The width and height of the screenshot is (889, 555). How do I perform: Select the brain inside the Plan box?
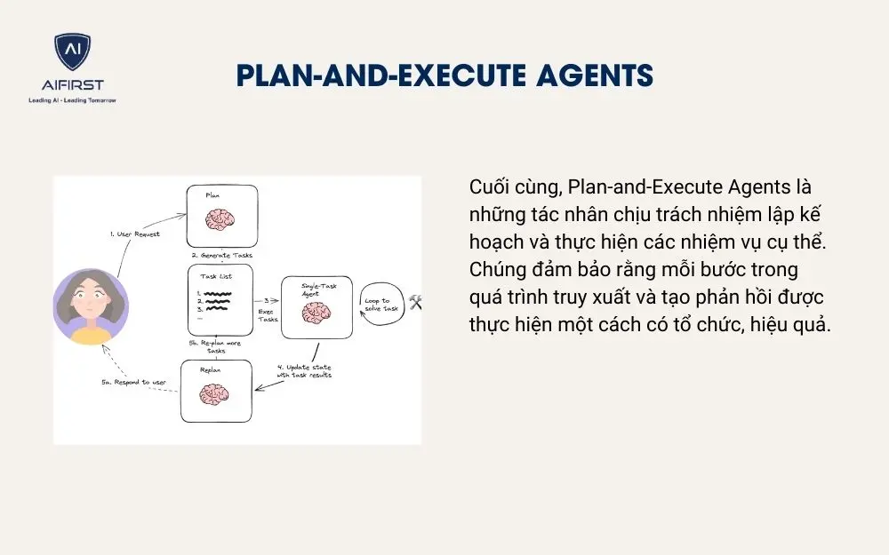click(x=221, y=218)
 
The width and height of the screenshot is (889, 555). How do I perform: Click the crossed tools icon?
click(x=415, y=303)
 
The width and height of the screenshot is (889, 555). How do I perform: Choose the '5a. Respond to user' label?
click(x=136, y=383)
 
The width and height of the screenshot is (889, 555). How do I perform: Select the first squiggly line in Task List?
click(x=218, y=294)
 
